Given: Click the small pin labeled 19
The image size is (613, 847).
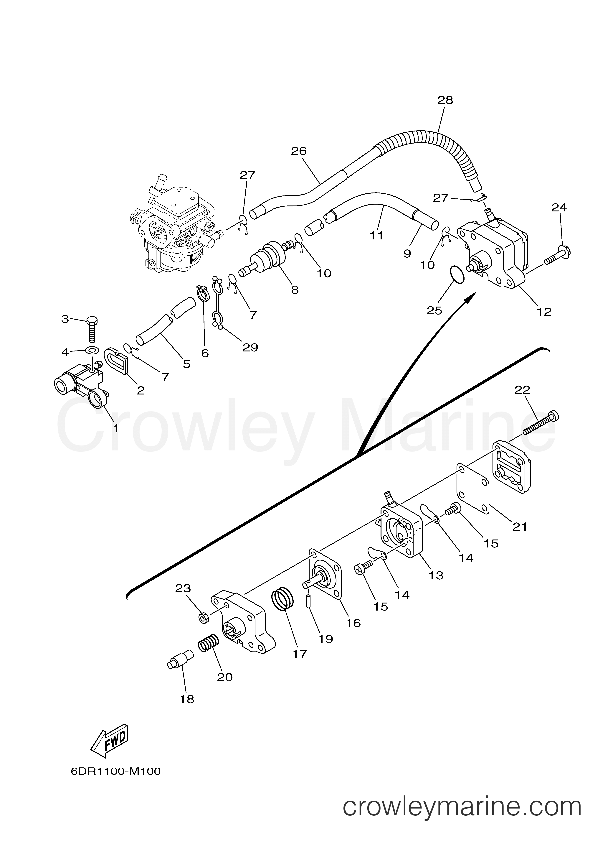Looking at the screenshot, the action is pos(309,602).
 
